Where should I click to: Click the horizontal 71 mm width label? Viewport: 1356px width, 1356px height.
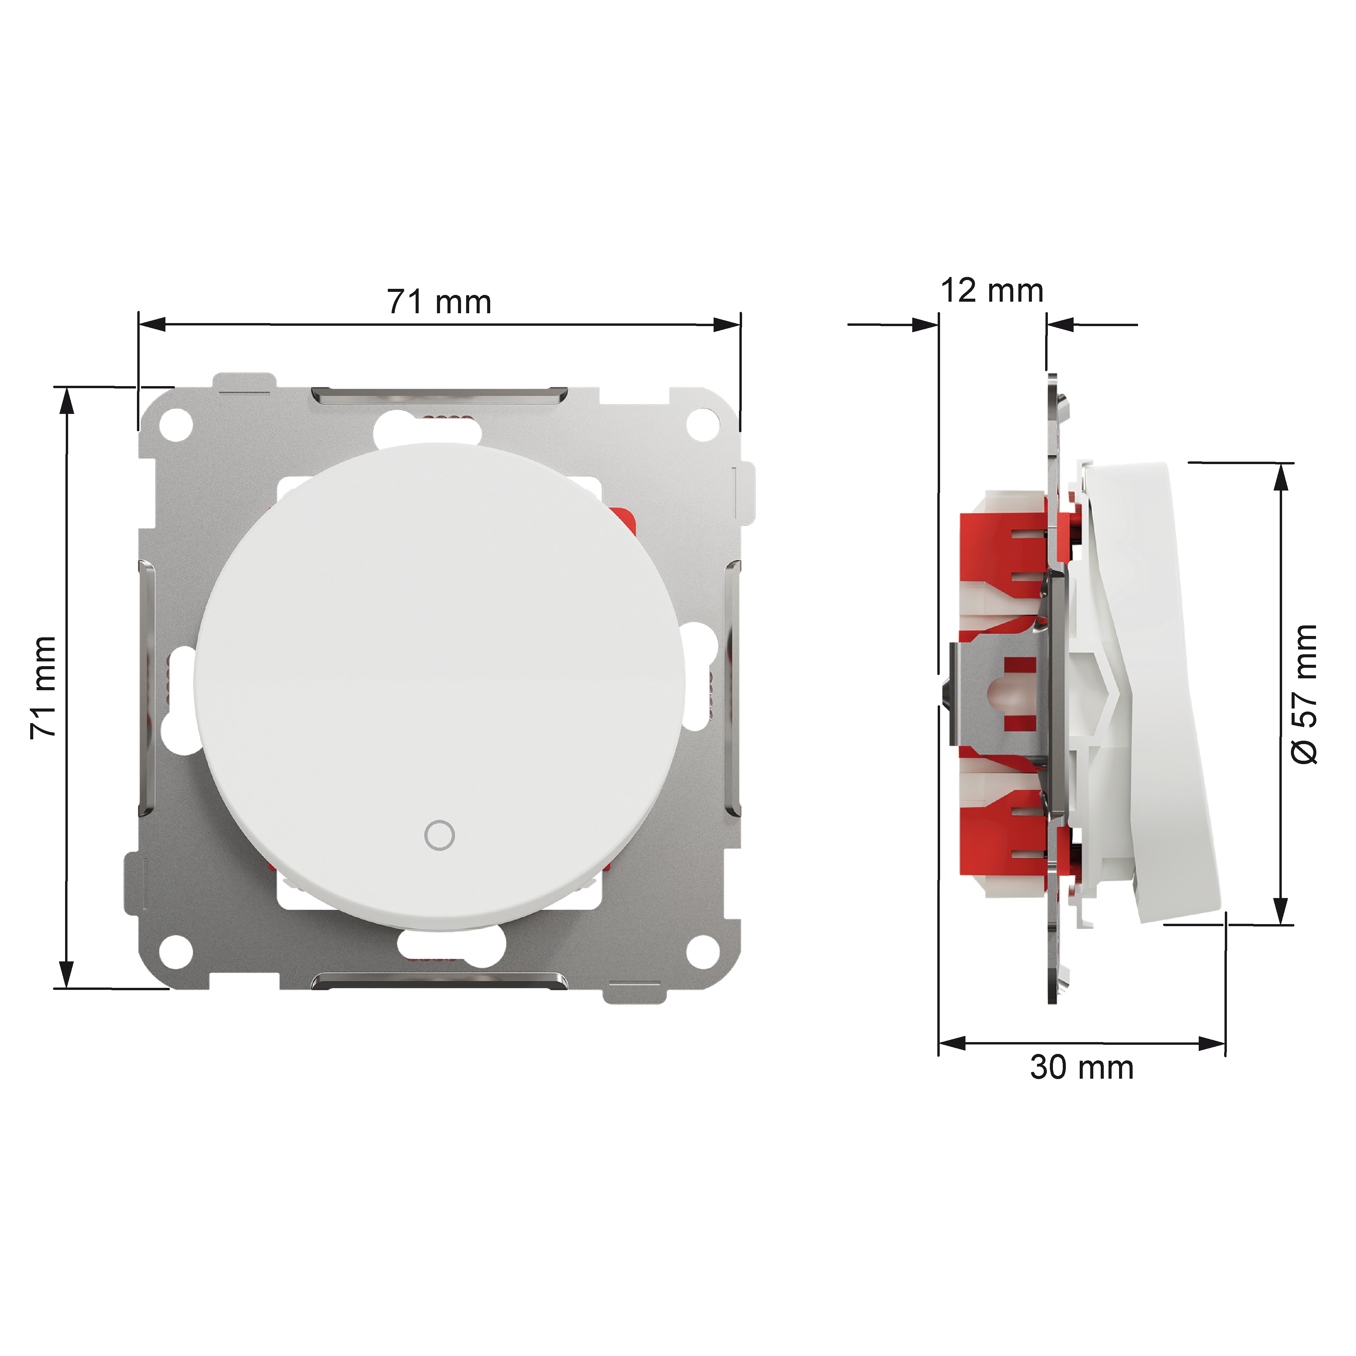tap(439, 302)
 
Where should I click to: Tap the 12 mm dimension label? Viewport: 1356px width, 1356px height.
tap(992, 291)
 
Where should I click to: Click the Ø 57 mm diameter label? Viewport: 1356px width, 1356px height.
tap(1304, 694)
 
